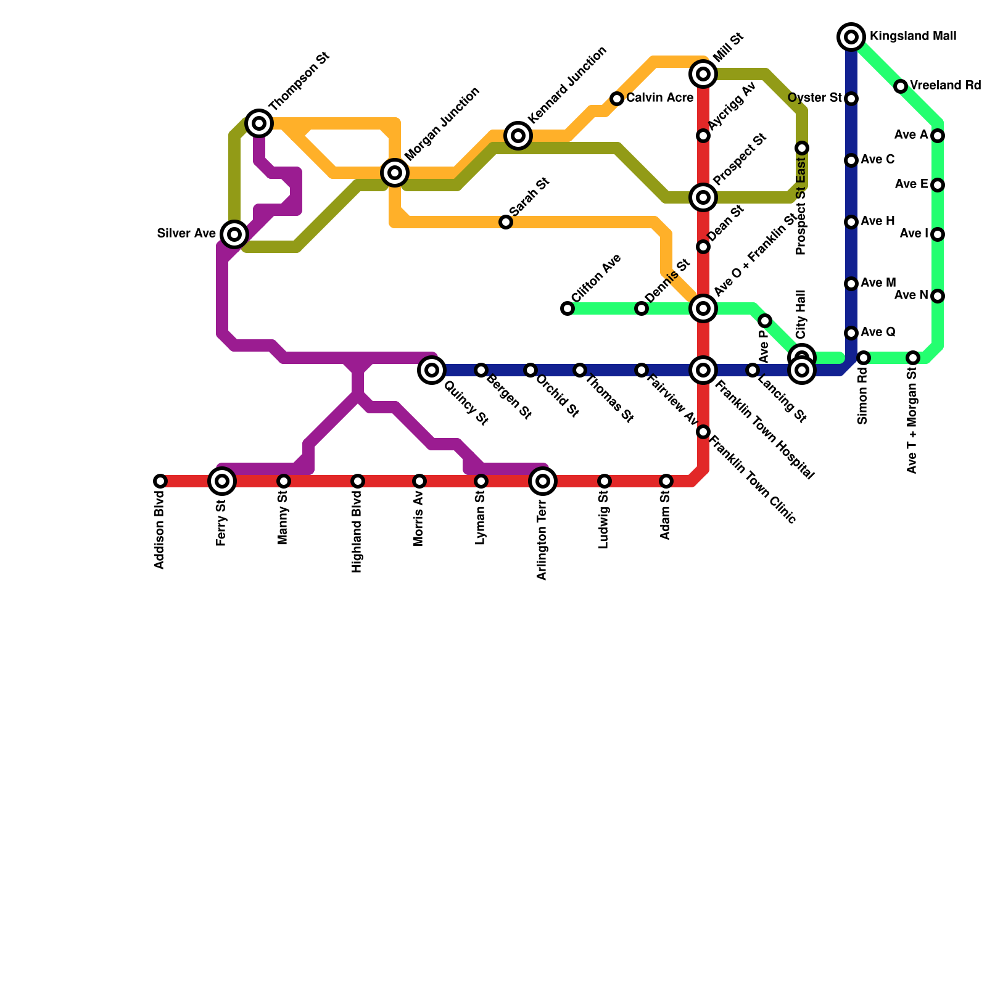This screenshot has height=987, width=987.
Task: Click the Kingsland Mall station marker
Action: point(851,37)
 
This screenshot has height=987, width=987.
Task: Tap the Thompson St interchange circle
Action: point(259,123)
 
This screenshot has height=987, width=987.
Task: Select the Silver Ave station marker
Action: point(234,234)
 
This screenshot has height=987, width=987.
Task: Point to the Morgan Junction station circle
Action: point(395,173)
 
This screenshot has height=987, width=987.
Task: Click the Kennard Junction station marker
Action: point(518,136)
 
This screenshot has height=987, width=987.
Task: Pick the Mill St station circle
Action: point(703,74)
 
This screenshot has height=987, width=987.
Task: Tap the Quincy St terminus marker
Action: point(432,370)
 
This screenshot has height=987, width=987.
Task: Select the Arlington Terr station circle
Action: point(543,481)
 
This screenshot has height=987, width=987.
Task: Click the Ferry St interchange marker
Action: point(222,481)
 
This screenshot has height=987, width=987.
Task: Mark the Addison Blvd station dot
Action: point(160,481)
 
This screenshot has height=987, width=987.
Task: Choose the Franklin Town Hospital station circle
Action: point(703,370)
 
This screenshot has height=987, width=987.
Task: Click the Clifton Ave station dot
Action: point(568,308)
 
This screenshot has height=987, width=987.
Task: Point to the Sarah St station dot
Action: point(506,222)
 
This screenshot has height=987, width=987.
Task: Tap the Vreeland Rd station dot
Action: point(901,86)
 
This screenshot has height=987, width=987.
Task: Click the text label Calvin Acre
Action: point(659,98)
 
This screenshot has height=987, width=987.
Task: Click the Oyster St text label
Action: point(814,98)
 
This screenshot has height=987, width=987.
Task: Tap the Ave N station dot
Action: point(938,296)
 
